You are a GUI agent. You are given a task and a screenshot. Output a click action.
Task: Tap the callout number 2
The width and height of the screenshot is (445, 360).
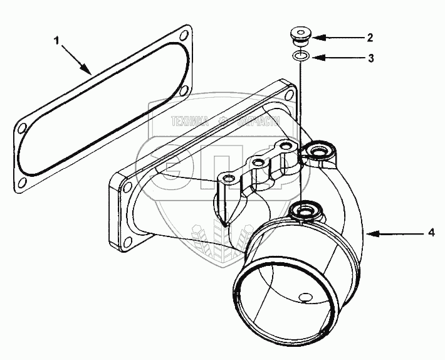pyautogui.click(x=370, y=38)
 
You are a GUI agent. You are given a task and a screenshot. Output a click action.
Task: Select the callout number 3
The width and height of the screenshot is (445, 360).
pyautogui.click(x=370, y=58)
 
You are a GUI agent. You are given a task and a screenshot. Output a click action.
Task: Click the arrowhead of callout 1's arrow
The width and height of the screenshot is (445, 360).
pyautogui.click(x=91, y=73)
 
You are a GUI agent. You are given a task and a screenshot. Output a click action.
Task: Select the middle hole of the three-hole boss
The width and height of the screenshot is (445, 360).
pyautogui.click(x=256, y=164)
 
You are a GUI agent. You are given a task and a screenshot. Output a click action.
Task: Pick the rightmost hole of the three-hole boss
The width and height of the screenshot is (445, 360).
pyautogui.click(x=286, y=147)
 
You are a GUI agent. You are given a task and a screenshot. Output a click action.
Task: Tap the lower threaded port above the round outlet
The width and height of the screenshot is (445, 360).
pyautogui.click(x=306, y=209)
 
